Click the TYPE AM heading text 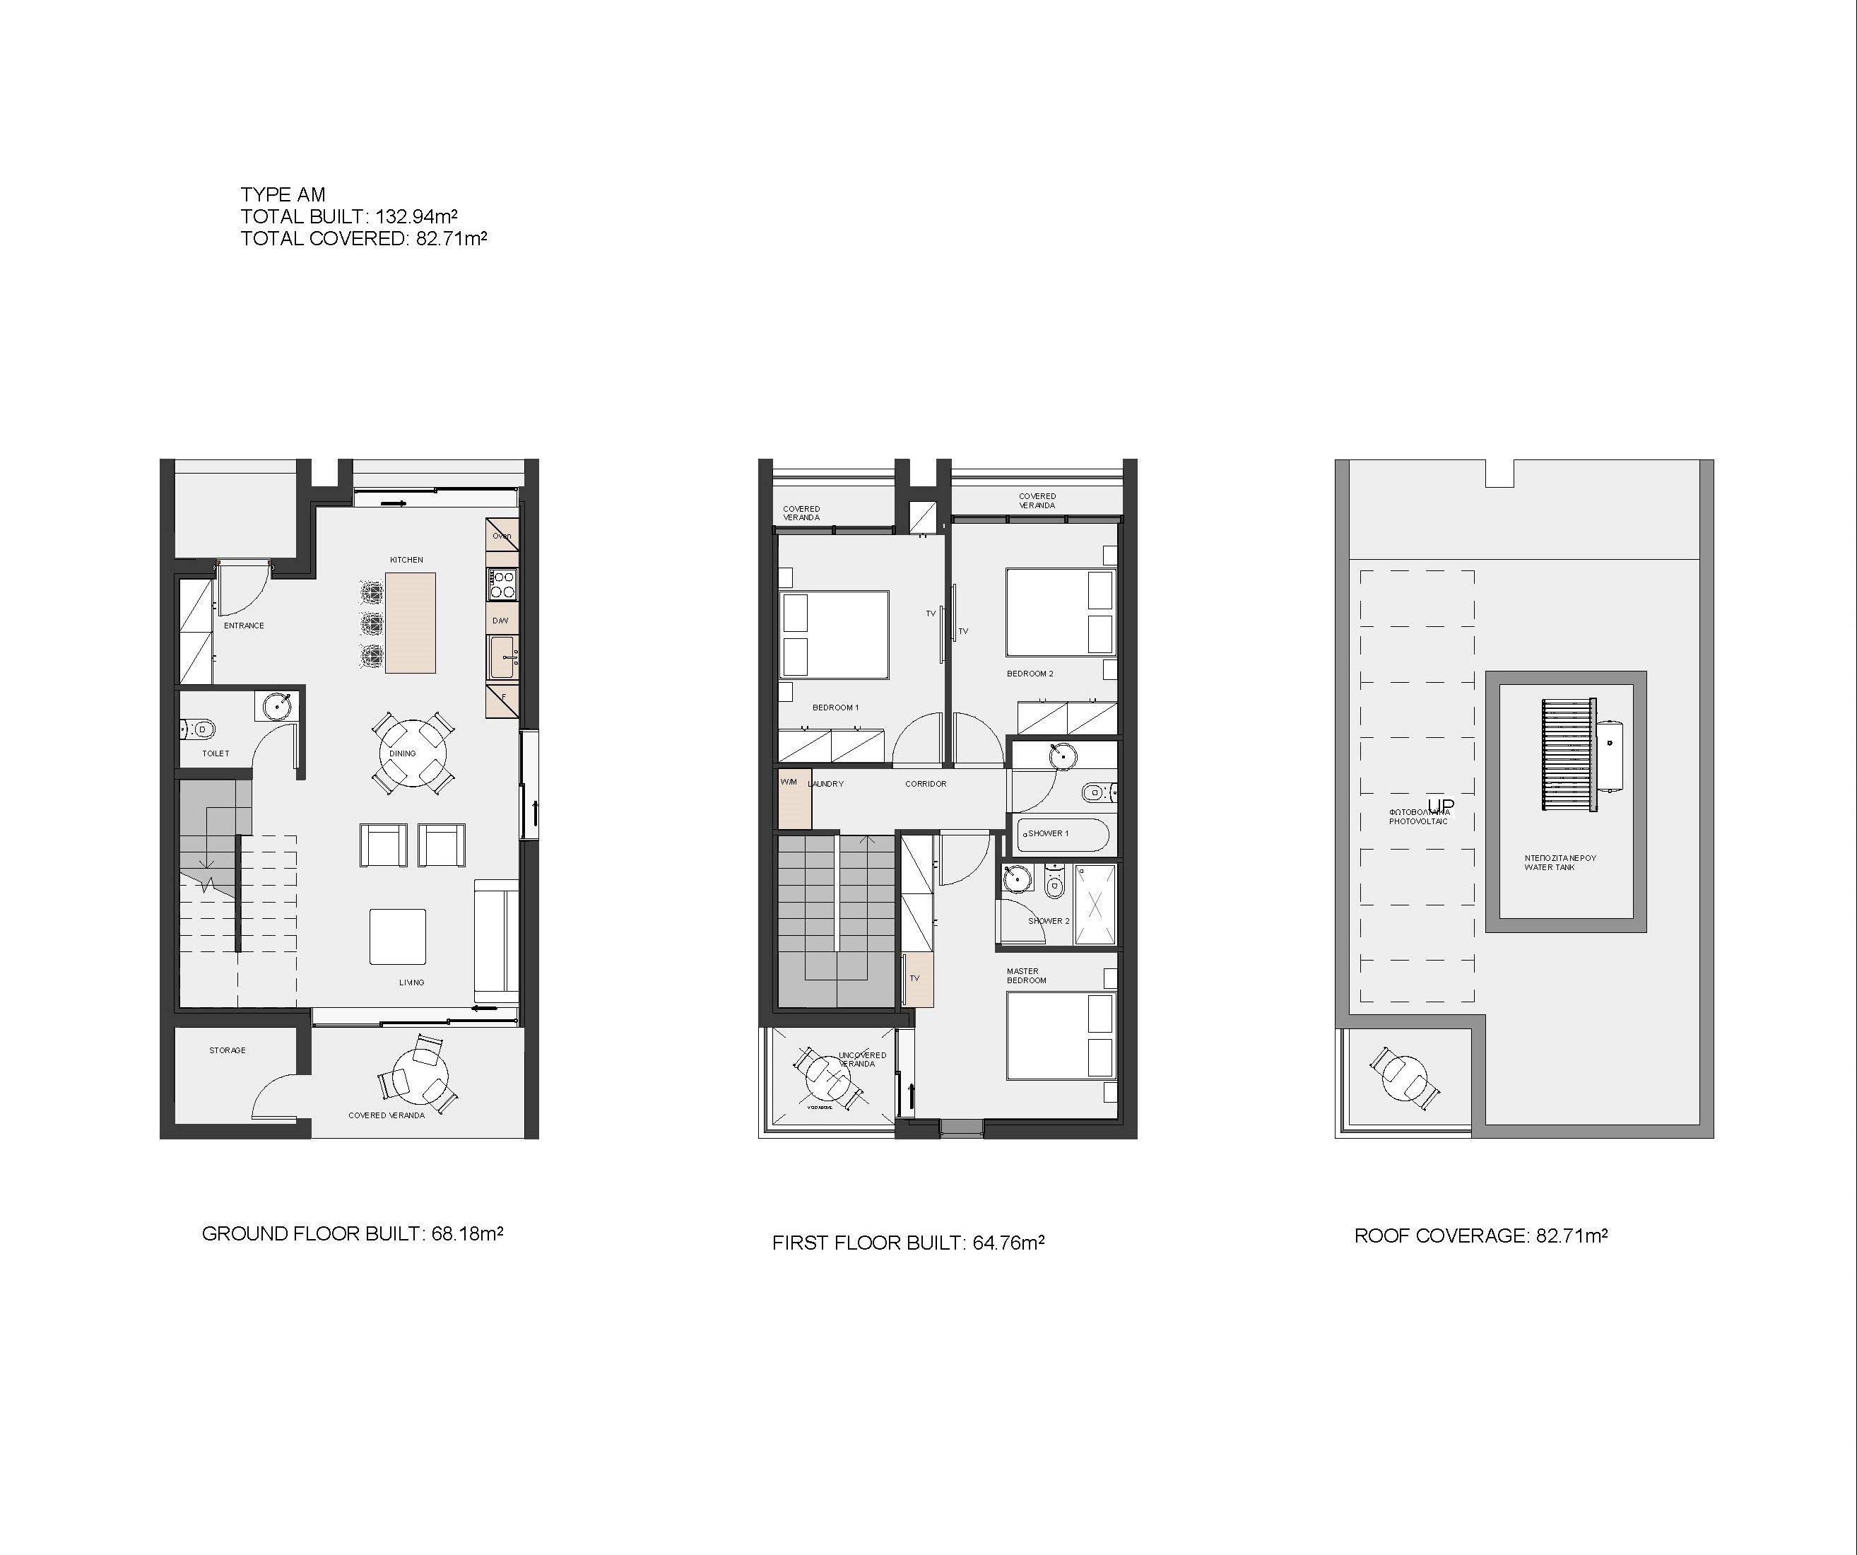point(283,194)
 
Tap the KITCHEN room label point(407,560)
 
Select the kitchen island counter point(411,623)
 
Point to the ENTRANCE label point(244,626)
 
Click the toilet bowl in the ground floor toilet point(201,729)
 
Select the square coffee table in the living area point(398,937)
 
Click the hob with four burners point(503,585)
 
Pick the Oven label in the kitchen point(502,536)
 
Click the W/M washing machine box point(794,801)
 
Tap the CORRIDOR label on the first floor point(926,784)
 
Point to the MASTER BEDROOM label point(1026,975)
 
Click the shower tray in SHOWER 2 point(1096,905)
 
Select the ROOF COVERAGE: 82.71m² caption point(1481,1236)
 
